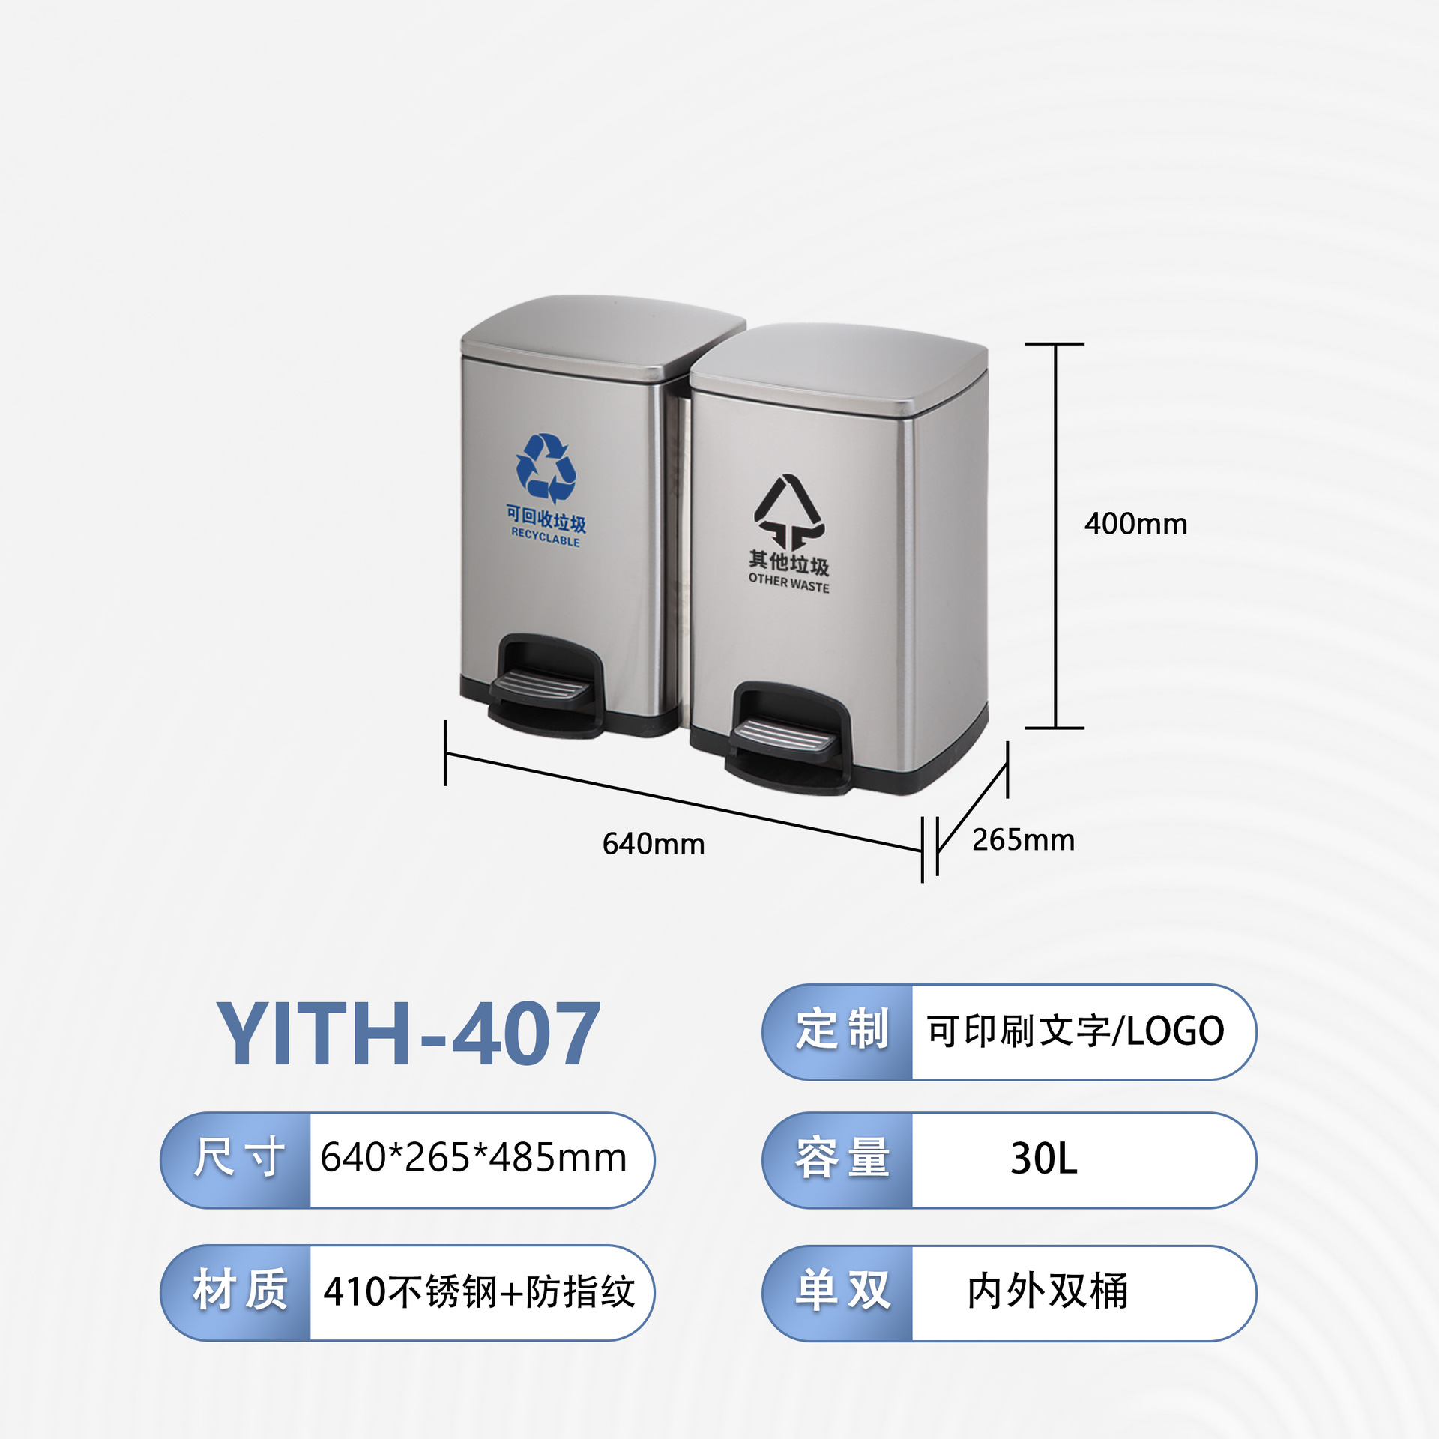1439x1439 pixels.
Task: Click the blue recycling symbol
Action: (546, 467)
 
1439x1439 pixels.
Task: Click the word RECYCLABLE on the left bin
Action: (546, 537)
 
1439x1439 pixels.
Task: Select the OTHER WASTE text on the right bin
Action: (788, 582)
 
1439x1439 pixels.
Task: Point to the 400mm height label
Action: (1135, 524)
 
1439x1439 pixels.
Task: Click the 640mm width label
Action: (654, 844)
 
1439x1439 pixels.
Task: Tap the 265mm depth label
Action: (1023, 839)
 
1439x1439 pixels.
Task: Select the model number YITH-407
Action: (408, 1034)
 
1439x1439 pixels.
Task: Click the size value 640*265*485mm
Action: (474, 1157)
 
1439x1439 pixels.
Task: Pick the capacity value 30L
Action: (1044, 1159)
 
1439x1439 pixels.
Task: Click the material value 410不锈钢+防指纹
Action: (479, 1291)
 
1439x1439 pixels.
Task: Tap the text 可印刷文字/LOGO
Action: (1076, 1031)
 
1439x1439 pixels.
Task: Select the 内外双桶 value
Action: (1048, 1291)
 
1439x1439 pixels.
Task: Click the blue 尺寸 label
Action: (238, 1158)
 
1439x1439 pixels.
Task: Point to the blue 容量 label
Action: (842, 1158)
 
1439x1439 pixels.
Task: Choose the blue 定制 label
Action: (842, 1030)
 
